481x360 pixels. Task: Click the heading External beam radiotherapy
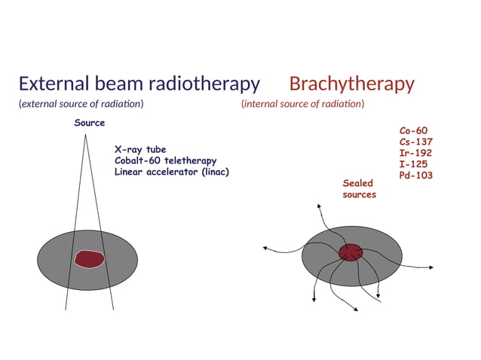[x=139, y=84]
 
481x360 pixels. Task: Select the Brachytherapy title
[x=351, y=84]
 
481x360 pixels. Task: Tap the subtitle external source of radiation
[x=81, y=104]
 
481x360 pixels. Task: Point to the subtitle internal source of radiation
[x=302, y=104]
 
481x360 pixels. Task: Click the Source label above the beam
[x=89, y=123]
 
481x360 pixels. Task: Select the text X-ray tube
[x=140, y=150]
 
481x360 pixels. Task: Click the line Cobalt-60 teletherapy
[x=165, y=160]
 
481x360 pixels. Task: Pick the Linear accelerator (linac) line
[x=172, y=172]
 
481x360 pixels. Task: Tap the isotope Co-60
[x=413, y=130]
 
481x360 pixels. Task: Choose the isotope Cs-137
[x=416, y=142]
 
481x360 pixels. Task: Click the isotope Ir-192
[x=416, y=153]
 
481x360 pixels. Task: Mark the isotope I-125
[x=414, y=164]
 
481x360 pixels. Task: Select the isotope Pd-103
[x=416, y=175]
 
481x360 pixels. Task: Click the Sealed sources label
[x=359, y=189]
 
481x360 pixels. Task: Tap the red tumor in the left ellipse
[x=88, y=259]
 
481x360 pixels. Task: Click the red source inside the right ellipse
[x=350, y=252]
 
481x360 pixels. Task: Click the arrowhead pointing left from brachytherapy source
[x=263, y=247]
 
